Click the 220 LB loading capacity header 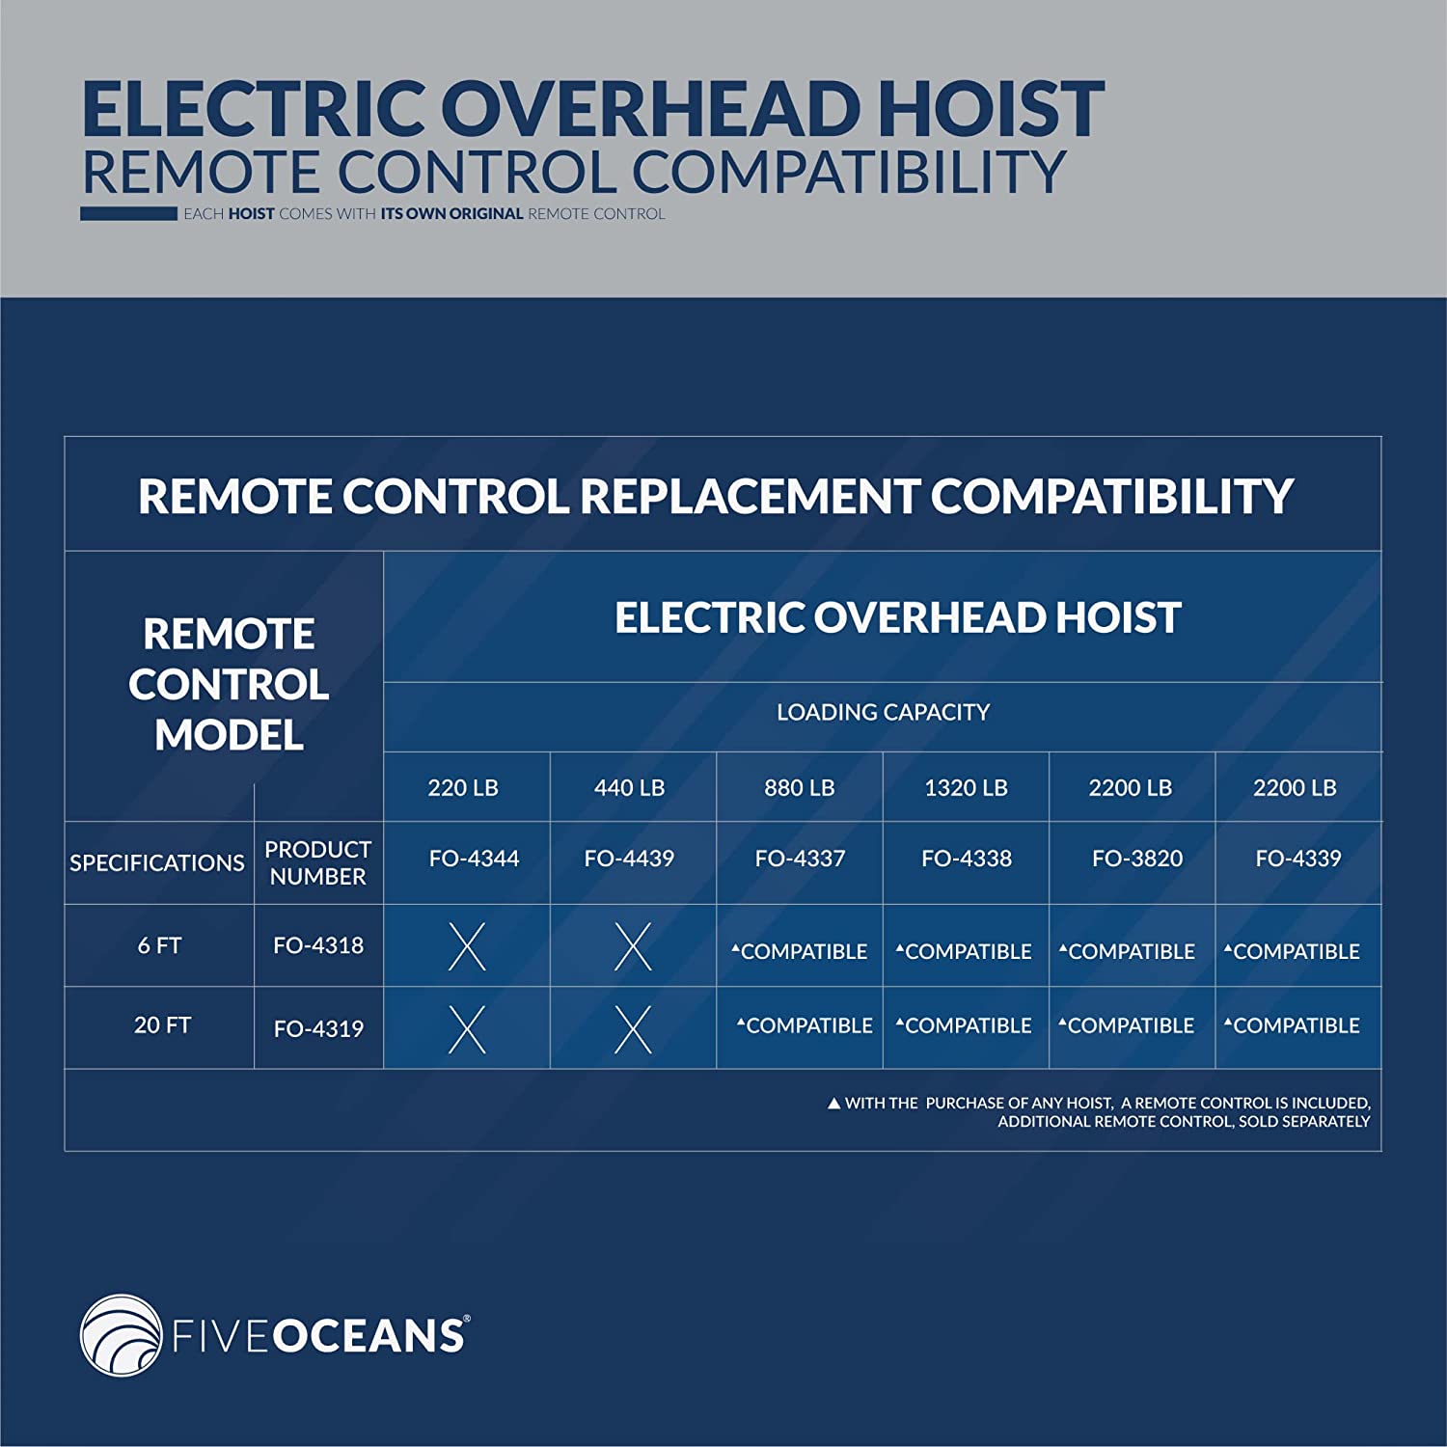coord(463,788)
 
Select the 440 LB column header coord(629,788)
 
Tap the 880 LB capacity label coord(799,788)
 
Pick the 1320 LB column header coord(966,788)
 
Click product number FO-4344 coord(474,859)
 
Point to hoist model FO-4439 coord(629,859)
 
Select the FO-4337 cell coord(800,859)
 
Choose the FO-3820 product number coord(1137,859)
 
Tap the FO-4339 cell coord(1298,859)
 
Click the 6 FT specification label coord(159,945)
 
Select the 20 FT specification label coord(162,1024)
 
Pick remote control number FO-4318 coord(318,945)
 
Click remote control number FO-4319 coord(318,1029)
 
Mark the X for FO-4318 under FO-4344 coord(467,946)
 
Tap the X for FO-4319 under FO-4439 coord(633,1029)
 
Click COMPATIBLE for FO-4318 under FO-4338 coord(964,952)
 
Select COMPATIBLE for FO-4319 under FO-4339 coord(1292,1026)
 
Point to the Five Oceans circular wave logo coord(122,1335)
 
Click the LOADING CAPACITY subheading coord(883,712)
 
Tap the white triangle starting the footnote coord(834,1104)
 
